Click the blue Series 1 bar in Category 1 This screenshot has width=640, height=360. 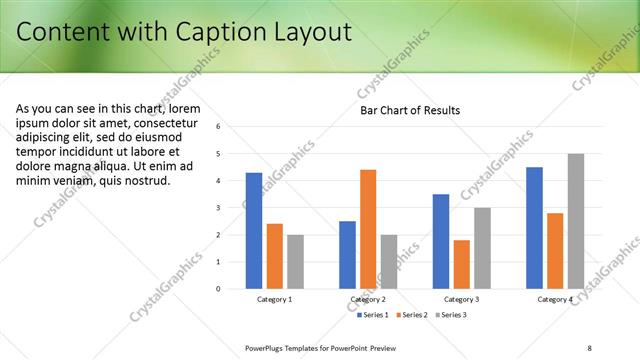254,231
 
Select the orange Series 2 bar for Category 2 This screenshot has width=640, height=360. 368,229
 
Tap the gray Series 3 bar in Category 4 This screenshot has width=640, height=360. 576,221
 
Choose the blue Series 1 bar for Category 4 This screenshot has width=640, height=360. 534,228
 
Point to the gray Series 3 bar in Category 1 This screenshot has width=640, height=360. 295,262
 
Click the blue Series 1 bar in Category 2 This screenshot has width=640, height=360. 347,255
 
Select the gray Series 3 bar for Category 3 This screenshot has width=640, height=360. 482,248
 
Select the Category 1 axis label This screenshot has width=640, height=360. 275,299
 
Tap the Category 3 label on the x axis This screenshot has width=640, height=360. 461,299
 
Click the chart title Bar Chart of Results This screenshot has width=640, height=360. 410,110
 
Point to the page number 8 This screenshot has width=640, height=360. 589,347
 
